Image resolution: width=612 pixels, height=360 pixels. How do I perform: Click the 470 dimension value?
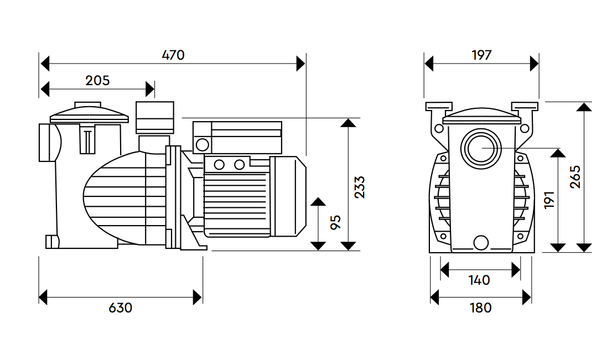[x=173, y=55]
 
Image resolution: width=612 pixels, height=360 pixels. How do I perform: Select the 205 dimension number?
[x=97, y=81]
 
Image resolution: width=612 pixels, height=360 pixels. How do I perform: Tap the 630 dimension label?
[x=121, y=307]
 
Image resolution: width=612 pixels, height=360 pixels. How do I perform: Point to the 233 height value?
[x=360, y=187]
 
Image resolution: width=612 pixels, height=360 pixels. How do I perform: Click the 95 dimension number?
[x=335, y=222]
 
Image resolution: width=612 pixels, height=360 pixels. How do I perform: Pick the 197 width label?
[x=481, y=55]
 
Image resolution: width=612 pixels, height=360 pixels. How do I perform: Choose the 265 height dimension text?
[x=575, y=177]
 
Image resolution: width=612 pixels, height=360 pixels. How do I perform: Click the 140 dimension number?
[x=479, y=280]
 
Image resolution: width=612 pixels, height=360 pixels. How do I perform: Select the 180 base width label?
[x=480, y=307]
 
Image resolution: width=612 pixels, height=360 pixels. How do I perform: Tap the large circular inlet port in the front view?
[x=481, y=148]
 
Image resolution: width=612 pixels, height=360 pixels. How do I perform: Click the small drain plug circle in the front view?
[x=481, y=242]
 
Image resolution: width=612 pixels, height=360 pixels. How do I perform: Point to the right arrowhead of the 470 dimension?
[x=301, y=64]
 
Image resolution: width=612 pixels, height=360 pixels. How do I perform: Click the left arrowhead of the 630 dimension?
[x=44, y=297]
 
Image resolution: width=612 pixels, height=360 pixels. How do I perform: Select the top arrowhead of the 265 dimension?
[x=584, y=107]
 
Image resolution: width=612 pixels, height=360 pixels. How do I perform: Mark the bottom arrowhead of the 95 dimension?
[x=318, y=246]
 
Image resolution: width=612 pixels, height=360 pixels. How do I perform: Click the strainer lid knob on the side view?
[x=87, y=105]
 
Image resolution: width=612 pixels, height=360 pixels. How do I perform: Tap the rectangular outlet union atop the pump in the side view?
[x=155, y=117]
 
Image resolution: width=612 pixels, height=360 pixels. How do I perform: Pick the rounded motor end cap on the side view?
[x=289, y=196]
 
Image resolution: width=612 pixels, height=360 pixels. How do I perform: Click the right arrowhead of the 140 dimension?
[x=517, y=270]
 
